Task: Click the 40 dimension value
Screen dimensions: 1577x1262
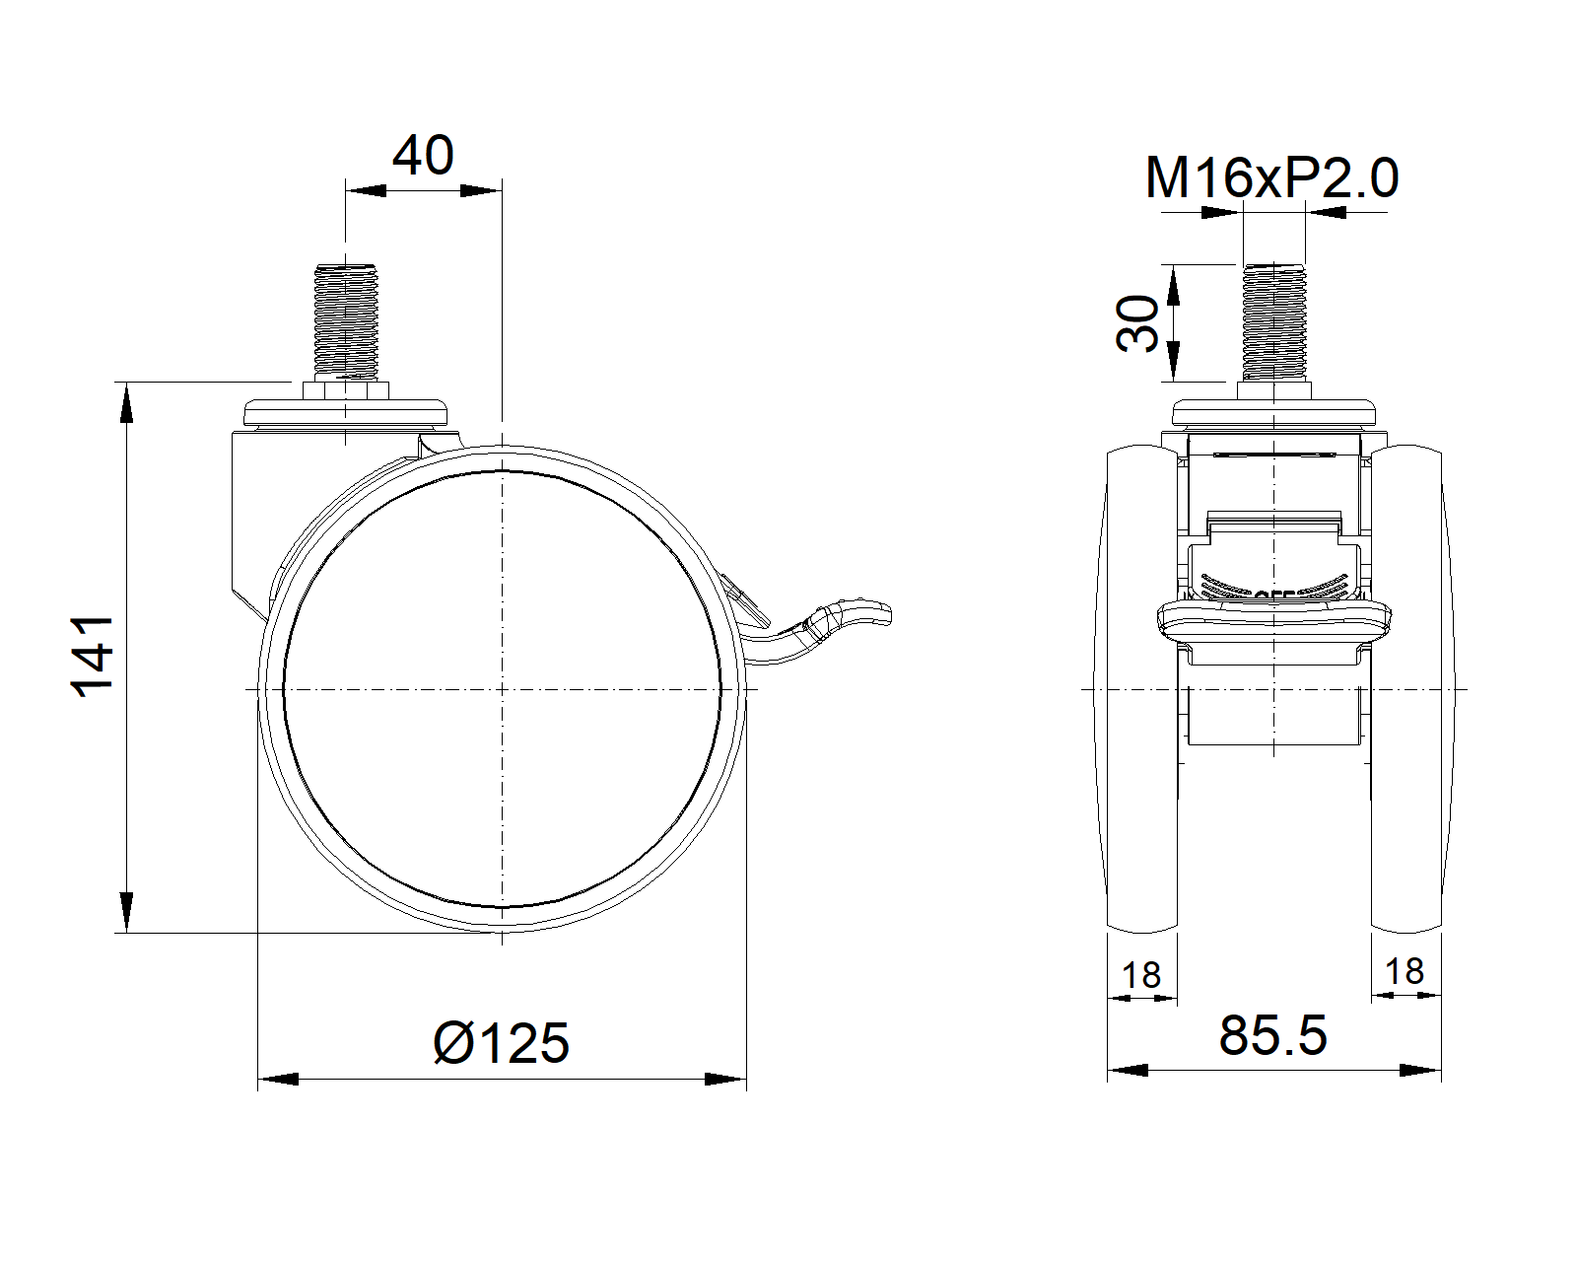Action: [x=423, y=156]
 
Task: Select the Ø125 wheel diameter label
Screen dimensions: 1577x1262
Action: [x=502, y=1043]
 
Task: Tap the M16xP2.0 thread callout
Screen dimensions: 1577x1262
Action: [x=1271, y=178]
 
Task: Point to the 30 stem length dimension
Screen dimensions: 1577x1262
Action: [x=1137, y=323]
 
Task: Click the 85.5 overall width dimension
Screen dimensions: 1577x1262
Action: [x=1272, y=1035]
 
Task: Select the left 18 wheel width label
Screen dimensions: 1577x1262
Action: [x=1141, y=975]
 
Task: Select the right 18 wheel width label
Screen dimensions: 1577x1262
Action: [x=1405, y=971]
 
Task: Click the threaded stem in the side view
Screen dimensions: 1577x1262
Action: [x=346, y=320]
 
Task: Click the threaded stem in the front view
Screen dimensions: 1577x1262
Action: [x=1273, y=320]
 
